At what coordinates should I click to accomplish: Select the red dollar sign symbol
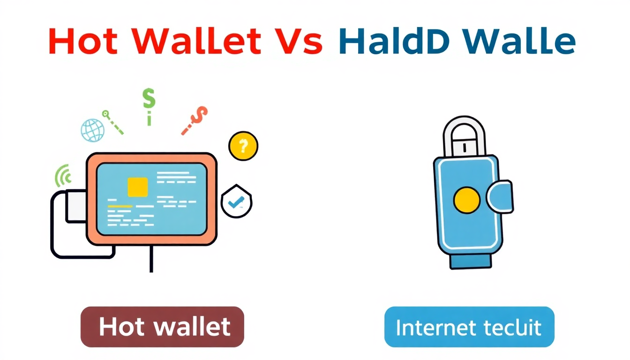195,119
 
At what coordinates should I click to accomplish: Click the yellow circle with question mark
243,146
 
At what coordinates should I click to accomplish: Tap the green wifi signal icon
64,176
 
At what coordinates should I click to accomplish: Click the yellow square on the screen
137,187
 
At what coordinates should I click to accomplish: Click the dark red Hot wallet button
162,327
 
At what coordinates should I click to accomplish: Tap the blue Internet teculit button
469,327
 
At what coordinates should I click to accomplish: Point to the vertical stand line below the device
151,259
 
